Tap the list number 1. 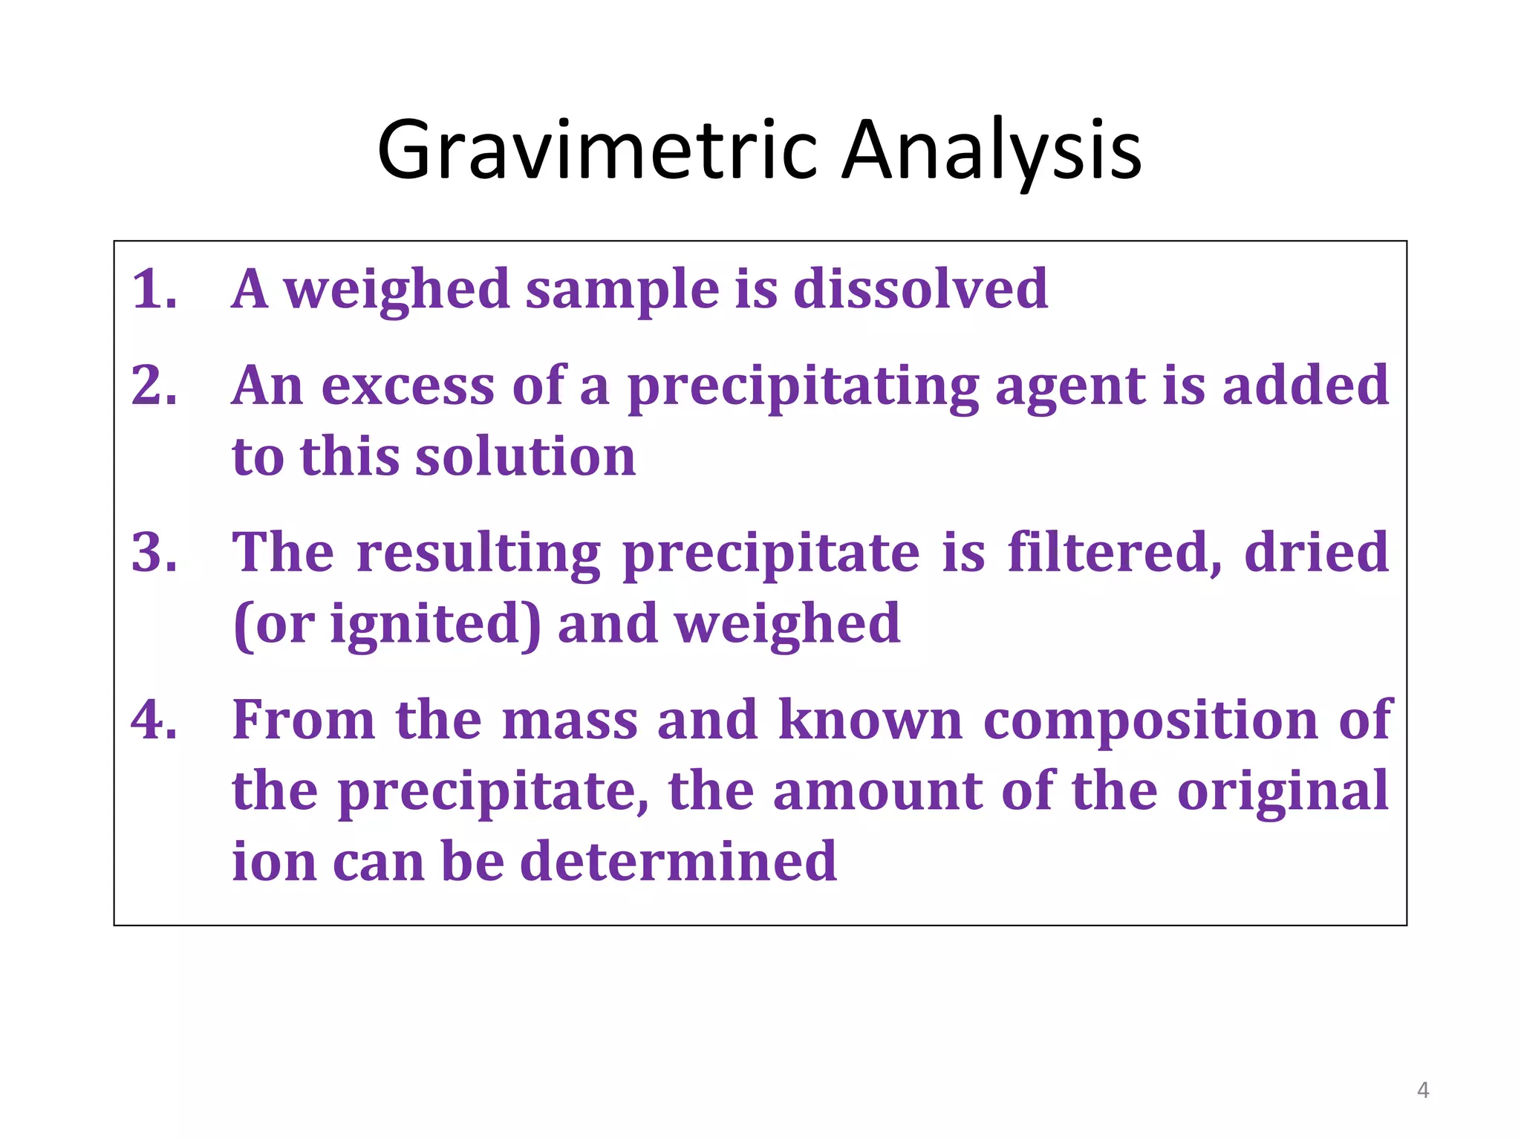coord(154,289)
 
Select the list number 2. coord(154,386)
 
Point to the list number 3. coord(154,553)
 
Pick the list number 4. coord(154,720)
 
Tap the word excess coord(407,387)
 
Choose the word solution coord(525,456)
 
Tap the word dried coord(1316,553)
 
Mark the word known coord(870,720)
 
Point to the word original coord(1283,792)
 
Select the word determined coord(678,861)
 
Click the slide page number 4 coord(1423,1090)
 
